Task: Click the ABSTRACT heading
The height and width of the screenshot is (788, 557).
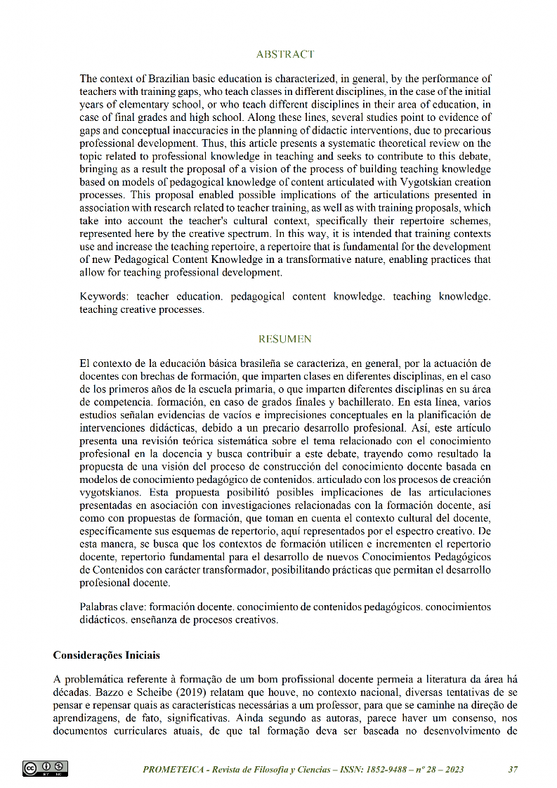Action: (284, 54)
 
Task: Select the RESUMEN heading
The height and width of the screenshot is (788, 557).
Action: (284, 339)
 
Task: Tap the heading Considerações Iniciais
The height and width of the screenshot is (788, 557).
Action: (107, 655)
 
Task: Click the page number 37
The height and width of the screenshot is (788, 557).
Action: (513, 769)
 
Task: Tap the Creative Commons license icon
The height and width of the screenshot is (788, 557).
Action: (45, 768)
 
